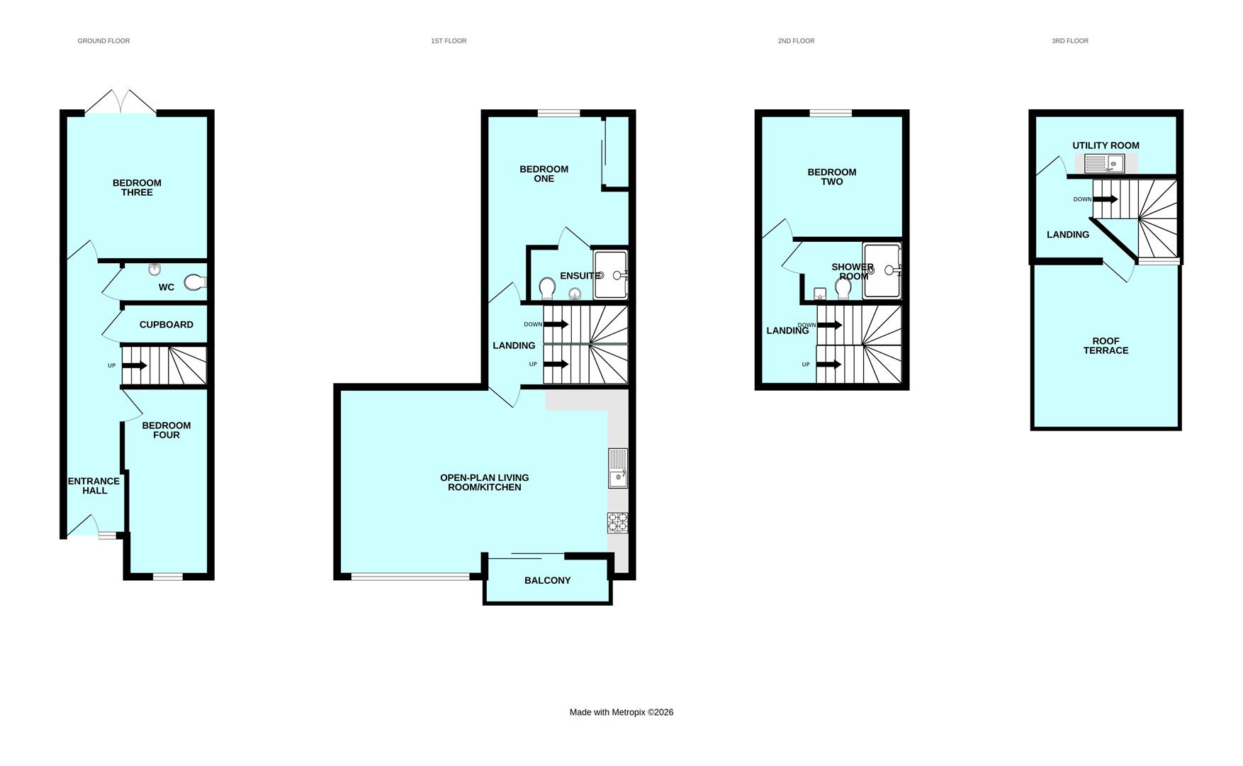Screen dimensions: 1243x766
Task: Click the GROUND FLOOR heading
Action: click(x=103, y=41)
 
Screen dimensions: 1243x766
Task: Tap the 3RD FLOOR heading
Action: click(x=1070, y=41)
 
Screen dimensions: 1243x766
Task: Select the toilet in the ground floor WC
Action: click(x=195, y=282)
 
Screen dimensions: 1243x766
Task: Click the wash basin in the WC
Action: click(x=155, y=269)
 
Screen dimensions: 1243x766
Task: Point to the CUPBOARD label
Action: click(x=167, y=325)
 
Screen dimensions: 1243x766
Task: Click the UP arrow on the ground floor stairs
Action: click(x=134, y=366)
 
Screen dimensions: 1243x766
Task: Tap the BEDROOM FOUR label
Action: click(x=167, y=431)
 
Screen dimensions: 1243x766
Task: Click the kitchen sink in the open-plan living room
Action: click(x=618, y=468)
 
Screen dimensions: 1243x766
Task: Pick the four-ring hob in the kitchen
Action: click(x=617, y=523)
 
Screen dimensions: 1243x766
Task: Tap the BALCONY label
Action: click(x=548, y=580)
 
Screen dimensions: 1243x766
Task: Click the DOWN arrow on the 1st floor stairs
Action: click(x=556, y=325)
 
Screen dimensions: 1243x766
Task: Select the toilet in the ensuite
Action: click(x=547, y=289)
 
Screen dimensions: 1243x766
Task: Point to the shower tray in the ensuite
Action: click(x=611, y=274)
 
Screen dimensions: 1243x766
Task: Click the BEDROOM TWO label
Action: click(x=832, y=177)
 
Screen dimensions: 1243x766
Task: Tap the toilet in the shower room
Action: click(x=843, y=289)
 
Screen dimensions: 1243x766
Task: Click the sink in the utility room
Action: click(x=1105, y=165)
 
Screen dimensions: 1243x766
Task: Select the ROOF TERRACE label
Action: click(x=1106, y=345)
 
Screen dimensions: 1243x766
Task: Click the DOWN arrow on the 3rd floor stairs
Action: click(x=1105, y=199)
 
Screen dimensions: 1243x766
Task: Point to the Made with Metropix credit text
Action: click(x=621, y=712)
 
